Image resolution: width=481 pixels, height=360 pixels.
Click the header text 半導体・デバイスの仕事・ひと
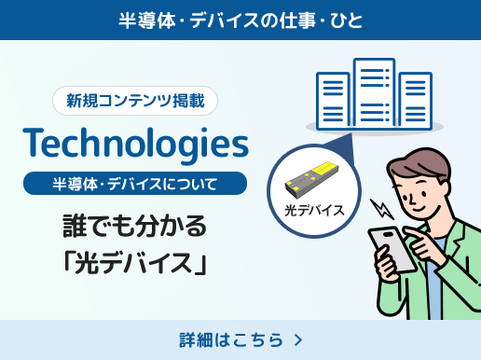coord(240,19)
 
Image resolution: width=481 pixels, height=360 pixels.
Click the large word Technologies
coord(137,143)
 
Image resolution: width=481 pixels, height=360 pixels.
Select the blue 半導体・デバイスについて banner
coord(136,183)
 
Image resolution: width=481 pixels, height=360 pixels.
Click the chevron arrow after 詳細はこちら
coord(297,339)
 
